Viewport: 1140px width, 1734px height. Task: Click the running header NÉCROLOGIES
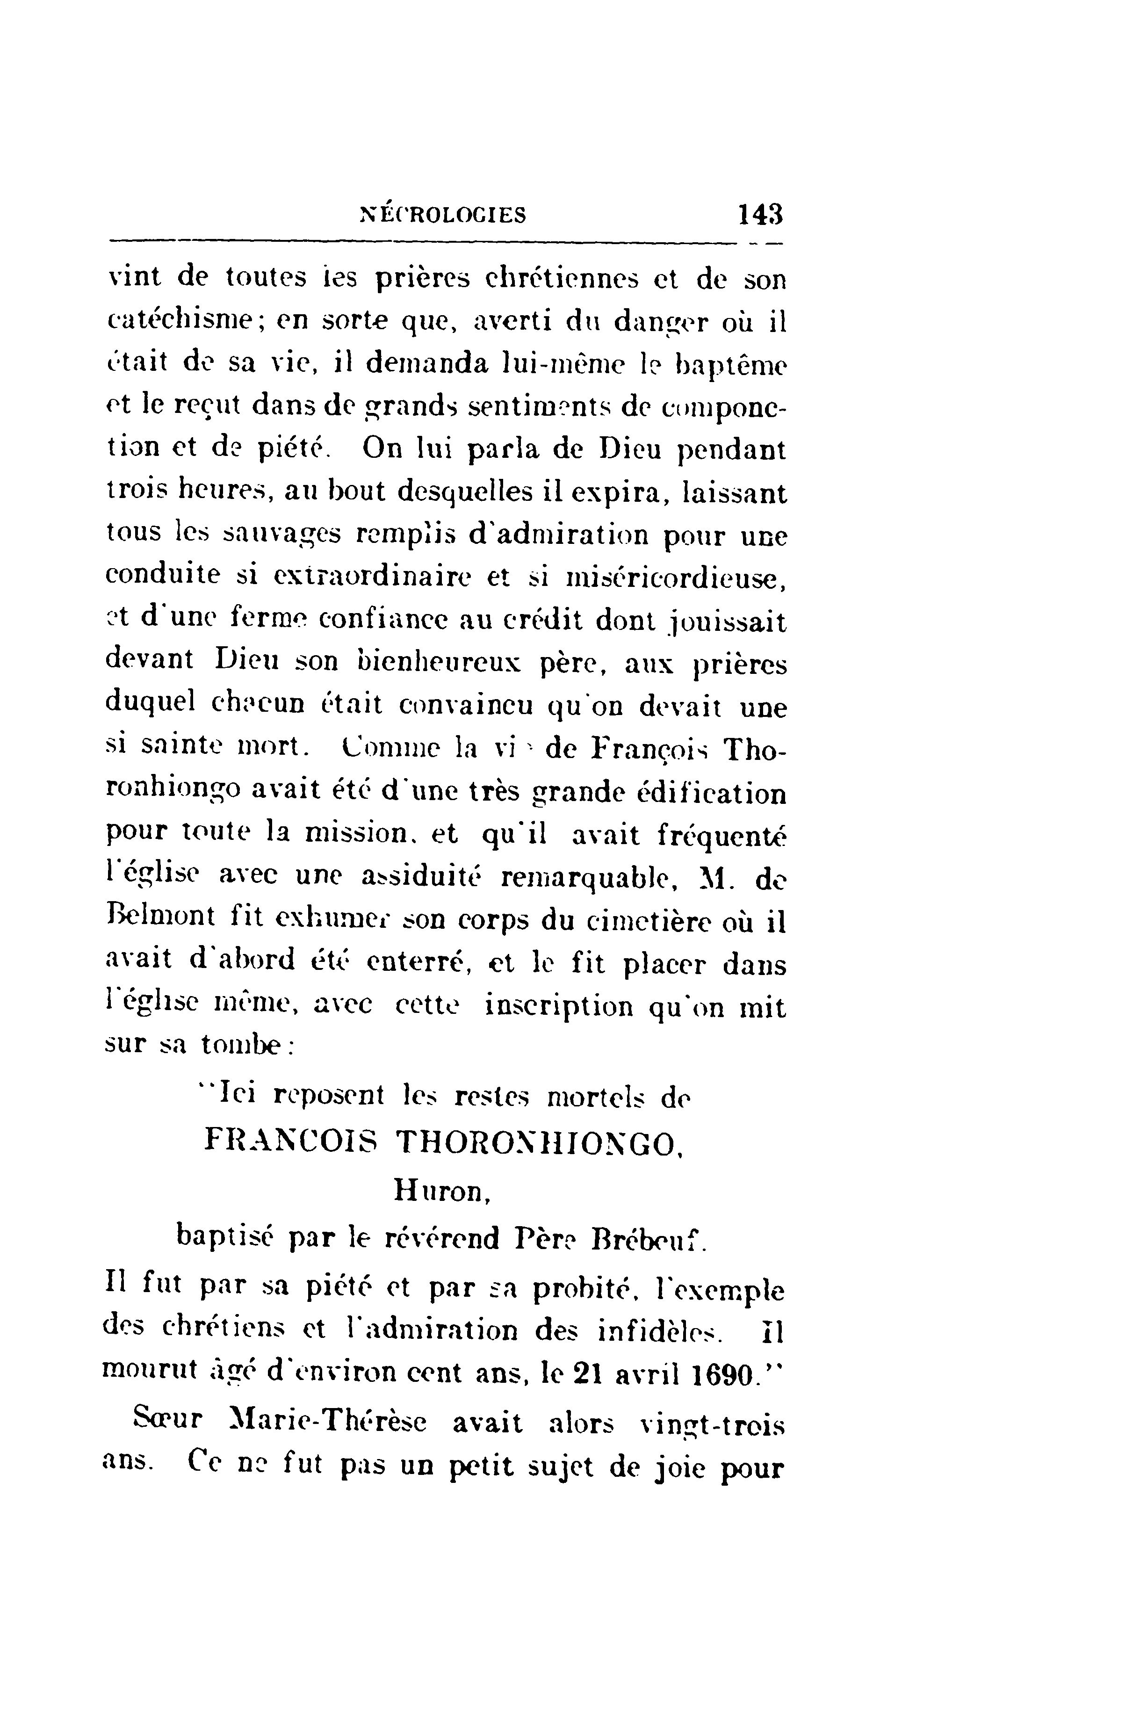coord(444,215)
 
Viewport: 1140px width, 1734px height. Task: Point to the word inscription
coord(559,1008)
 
